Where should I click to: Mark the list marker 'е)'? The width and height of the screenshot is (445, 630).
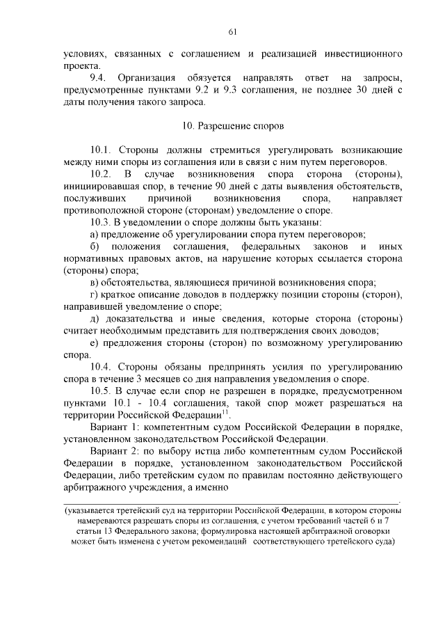(95, 343)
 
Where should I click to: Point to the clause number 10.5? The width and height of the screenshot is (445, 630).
(101, 391)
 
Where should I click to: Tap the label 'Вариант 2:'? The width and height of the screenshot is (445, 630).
(115, 452)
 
